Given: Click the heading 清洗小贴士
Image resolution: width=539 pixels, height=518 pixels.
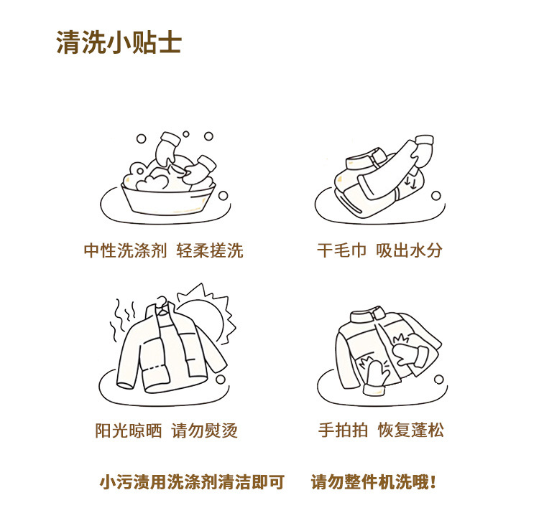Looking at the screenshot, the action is pyautogui.click(x=119, y=42).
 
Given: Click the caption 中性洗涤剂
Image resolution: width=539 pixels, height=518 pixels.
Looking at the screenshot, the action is pyautogui.click(x=126, y=250).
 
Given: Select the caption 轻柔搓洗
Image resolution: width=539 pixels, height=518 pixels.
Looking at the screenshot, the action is pyautogui.click(x=210, y=250).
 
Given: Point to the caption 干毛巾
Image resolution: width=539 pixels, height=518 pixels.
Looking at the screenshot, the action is pyautogui.click(x=341, y=250).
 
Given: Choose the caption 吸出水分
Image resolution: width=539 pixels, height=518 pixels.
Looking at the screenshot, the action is pyautogui.click(x=409, y=250).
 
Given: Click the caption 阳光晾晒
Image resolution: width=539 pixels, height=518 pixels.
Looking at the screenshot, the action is pyautogui.click(x=128, y=430).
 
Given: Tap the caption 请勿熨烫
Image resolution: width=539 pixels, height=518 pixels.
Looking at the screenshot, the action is pyautogui.click(x=205, y=430).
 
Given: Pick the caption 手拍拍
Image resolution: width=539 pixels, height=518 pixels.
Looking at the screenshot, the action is pyautogui.click(x=343, y=430).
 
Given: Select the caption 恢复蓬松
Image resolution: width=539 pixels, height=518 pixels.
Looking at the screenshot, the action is pyautogui.click(x=411, y=430).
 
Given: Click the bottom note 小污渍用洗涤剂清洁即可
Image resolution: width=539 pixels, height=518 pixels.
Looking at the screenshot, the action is pyautogui.click(x=192, y=482).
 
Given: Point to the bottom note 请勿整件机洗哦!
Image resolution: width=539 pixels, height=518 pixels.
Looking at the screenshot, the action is pyautogui.click(x=374, y=482).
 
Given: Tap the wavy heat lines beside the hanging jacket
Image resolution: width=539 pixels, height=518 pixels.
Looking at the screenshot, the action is pyautogui.click(x=122, y=320).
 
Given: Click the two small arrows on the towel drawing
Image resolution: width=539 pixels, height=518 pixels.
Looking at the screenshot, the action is pyautogui.click(x=410, y=183).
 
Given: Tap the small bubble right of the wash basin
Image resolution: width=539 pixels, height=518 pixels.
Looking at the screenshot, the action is pyautogui.click(x=223, y=196).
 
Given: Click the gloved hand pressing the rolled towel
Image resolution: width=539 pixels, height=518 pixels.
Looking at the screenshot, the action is pyautogui.click(x=423, y=151).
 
